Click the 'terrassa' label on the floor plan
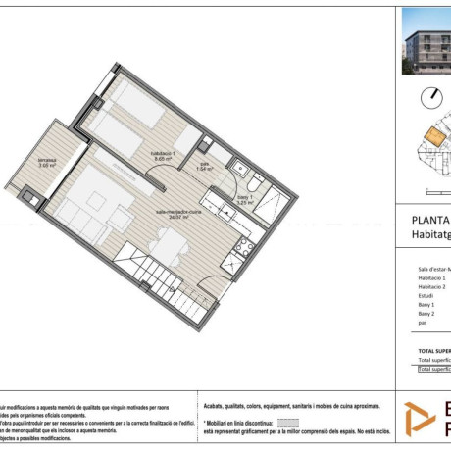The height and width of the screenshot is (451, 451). pos(47,162)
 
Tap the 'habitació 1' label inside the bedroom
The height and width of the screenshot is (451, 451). pos(163,154)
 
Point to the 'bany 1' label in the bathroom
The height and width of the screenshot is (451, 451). pos(244,199)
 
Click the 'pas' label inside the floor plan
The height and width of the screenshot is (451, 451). pos(205,165)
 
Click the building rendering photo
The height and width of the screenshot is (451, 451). pos(426,43)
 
